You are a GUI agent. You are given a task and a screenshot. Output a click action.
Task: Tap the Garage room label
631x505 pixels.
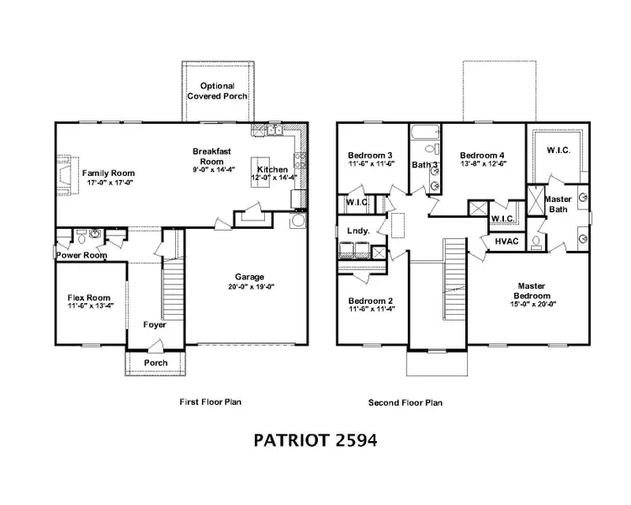tap(249, 277)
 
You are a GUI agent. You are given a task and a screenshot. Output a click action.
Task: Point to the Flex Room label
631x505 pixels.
tap(88, 298)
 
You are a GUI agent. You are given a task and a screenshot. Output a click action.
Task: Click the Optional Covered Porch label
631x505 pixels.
tap(217, 91)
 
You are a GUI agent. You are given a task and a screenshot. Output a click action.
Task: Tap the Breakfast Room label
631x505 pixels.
tap(207, 156)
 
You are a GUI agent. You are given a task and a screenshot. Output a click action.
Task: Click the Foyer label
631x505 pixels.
tap(154, 324)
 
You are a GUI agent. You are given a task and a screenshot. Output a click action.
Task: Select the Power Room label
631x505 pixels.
tap(82, 255)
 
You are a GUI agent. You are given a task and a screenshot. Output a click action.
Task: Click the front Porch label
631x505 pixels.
tap(155, 363)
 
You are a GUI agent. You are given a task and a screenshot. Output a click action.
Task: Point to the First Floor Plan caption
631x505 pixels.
tap(211, 402)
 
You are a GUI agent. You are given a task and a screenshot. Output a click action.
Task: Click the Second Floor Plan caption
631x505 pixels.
tap(406, 402)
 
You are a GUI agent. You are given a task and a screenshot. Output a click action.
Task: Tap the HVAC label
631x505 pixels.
tap(506, 241)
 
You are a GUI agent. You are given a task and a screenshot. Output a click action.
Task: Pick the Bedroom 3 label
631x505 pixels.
tap(370, 156)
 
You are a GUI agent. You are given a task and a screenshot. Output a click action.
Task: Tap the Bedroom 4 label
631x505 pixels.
tap(483, 156)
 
